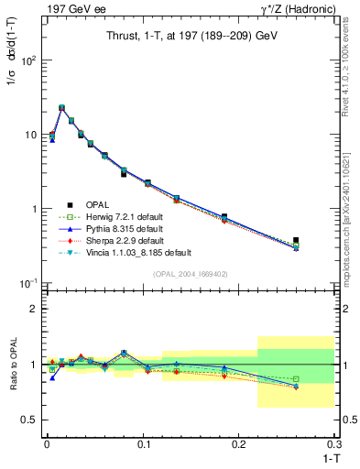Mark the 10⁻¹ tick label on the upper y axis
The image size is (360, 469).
27,283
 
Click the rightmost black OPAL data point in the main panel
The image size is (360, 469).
322,241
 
